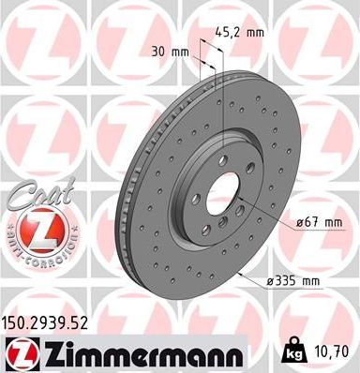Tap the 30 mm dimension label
[x=168, y=50]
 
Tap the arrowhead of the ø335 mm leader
[x=241, y=273]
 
